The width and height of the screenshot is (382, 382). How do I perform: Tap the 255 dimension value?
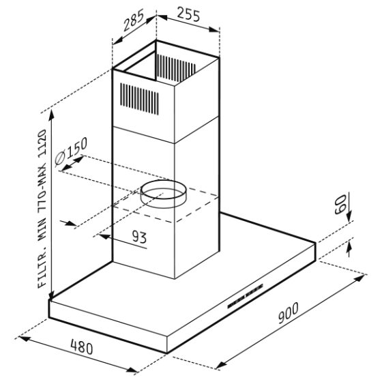point(188,14)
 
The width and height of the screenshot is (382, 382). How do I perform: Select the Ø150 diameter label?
point(71,151)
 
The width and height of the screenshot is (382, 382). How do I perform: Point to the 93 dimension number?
point(139,237)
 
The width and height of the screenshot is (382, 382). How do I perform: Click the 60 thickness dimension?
point(340,204)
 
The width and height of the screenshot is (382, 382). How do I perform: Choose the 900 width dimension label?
point(288,313)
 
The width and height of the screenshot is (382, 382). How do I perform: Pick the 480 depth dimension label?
point(82,347)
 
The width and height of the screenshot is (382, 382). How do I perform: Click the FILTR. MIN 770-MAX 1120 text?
point(42,209)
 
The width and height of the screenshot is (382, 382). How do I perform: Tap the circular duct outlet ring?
point(164,194)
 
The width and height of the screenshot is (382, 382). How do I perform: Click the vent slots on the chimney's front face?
point(139,99)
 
